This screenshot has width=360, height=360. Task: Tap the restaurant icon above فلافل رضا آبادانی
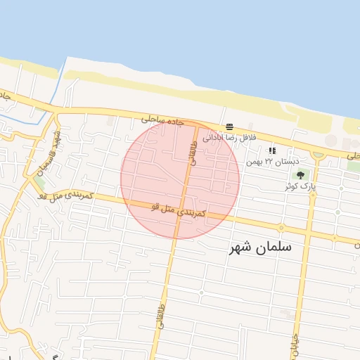[x=230, y=127]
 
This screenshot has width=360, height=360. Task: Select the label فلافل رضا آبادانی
[x=231, y=138]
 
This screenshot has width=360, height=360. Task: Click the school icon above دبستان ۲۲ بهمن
[x=272, y=150]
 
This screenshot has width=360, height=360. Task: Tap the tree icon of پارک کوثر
[x=300, y=175]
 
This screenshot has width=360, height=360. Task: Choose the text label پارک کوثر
[x=300, y=186]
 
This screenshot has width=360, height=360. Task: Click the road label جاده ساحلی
[x=162, y=120]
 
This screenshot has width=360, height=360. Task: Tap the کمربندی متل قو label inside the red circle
[x=178, y=210]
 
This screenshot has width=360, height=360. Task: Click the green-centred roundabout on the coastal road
[x=319, y=154]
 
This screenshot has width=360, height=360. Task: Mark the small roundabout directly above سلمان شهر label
[x=281, y=229]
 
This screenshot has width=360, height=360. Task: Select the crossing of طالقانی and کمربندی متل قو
[x=181, y=210]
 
